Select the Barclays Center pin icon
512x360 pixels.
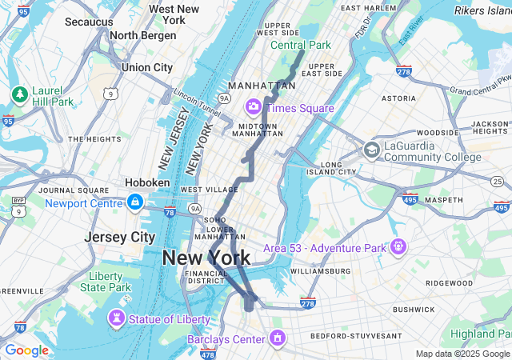tap(278, 338)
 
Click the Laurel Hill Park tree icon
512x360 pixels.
tap(19, 95)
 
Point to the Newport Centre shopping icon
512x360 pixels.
tap(134, 202)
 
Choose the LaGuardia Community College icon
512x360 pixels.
tap(371, 150)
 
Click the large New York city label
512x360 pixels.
tap(206, 258)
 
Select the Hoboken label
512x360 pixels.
tap(147, 182)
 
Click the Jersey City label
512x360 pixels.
tap(120, 238)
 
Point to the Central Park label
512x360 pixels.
tap(300, 45)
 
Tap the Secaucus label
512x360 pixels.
tap(88, 22)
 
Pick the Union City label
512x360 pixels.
tap(146, 68)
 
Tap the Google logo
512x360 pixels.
tap(26, 350)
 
